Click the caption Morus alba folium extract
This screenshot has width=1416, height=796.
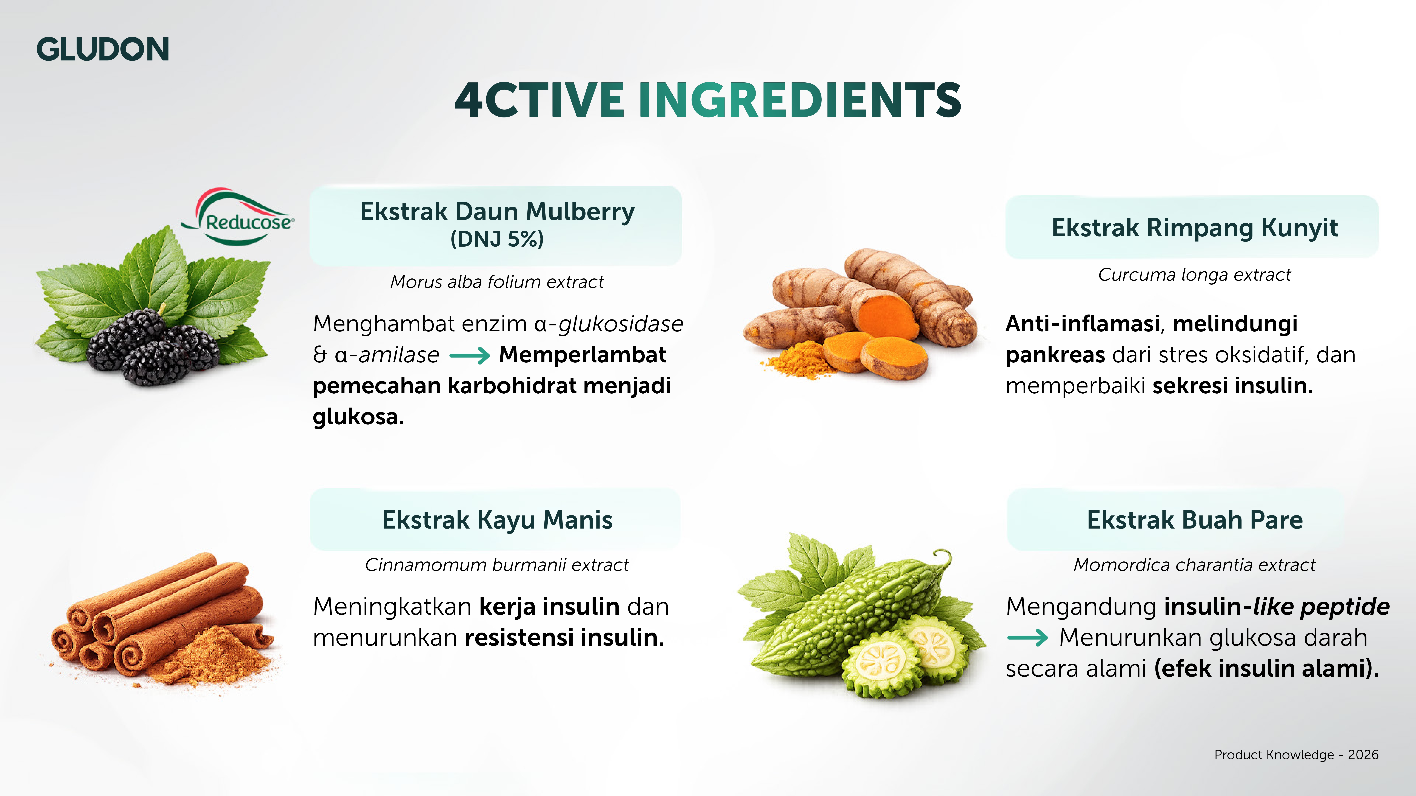coord(497,282)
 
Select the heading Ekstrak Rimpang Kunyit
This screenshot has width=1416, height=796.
coord(1194,227)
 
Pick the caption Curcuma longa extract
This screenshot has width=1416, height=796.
coord(1194,275)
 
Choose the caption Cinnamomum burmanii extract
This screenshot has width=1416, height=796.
coord(497,565)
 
